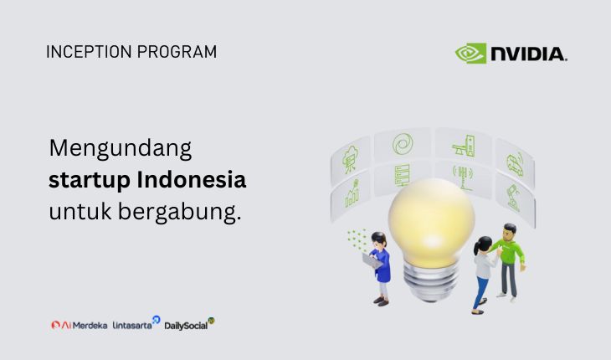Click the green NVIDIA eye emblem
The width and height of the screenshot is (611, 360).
[x=470, y=54]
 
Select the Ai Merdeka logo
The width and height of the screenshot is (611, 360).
[x=79, y=325]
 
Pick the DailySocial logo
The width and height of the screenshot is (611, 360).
[x=189, y=324]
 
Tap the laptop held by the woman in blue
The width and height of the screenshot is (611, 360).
[x=369, y=260]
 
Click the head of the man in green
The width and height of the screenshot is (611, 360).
[x=509, y=230]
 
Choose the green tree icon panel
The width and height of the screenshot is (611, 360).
[x=350, y=159]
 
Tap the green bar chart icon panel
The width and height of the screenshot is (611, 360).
[x=351, y=193]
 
